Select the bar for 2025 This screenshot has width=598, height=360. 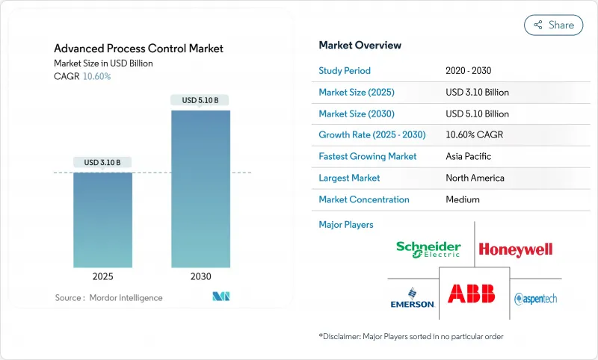[x=102, y=220]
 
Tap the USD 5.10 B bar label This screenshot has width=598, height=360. [x=200, y=100]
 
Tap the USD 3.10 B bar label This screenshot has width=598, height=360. [x=102, y=162]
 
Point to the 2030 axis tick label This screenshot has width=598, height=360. [x=200, y=276]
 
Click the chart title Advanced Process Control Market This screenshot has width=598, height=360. [x=138, y=49]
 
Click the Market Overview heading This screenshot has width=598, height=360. [x=360, y=46]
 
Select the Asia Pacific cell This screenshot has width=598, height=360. [x=469, y=157]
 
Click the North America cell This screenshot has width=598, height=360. [x=474, y=178]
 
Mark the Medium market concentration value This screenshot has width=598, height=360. [x=462, y=199]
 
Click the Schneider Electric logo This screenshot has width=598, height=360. [x=428, y=249]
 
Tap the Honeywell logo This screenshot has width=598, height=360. [x=515, y=249]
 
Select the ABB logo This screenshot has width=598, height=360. [x=472, y=293]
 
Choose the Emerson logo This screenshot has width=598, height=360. [x=413, y=298]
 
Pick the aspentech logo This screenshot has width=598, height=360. [x=535, y=299]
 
